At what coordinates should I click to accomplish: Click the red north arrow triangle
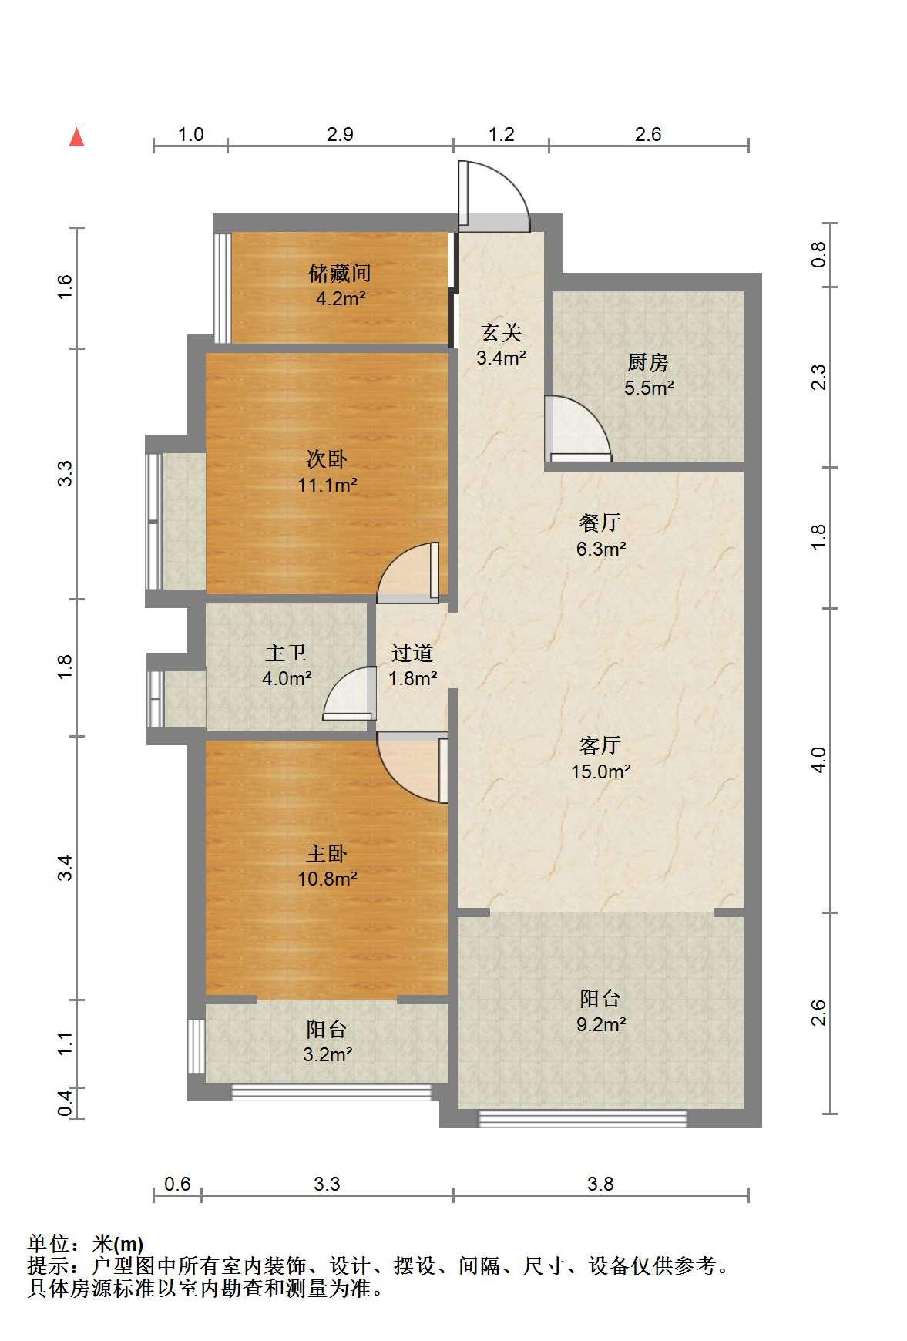(76, 137)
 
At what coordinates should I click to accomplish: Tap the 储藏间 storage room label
(340, 273)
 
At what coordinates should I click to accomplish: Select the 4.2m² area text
(341, 298)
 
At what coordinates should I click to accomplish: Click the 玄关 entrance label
(502, 333)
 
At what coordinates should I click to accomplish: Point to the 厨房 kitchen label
(648, 362)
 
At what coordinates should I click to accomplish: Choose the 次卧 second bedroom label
(327, 460)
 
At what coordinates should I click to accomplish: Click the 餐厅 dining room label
(600, 523)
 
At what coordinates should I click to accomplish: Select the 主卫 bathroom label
(286, 654)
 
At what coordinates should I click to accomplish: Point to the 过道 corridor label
(412, 654)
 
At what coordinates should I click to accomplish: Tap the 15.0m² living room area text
(601, 771)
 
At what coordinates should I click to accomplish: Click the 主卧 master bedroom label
(327, 854)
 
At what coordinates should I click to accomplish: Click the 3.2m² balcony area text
(328, 1054)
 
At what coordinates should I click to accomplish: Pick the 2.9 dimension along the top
(340, 135)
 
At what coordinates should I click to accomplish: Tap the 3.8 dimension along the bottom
(600, 1184)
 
